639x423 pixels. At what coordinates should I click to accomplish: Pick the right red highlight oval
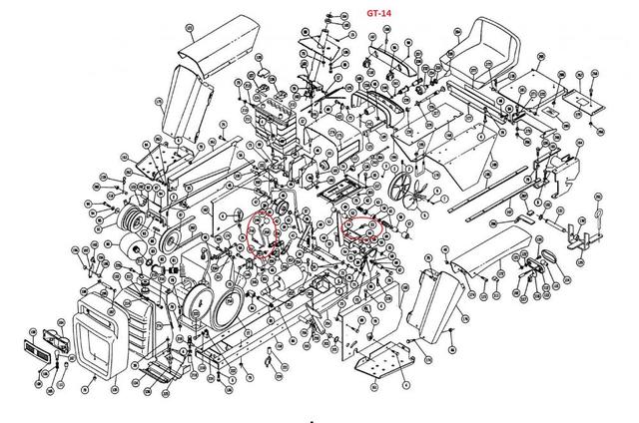coord(362,228)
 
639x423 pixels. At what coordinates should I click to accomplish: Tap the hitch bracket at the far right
coord(574,235)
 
